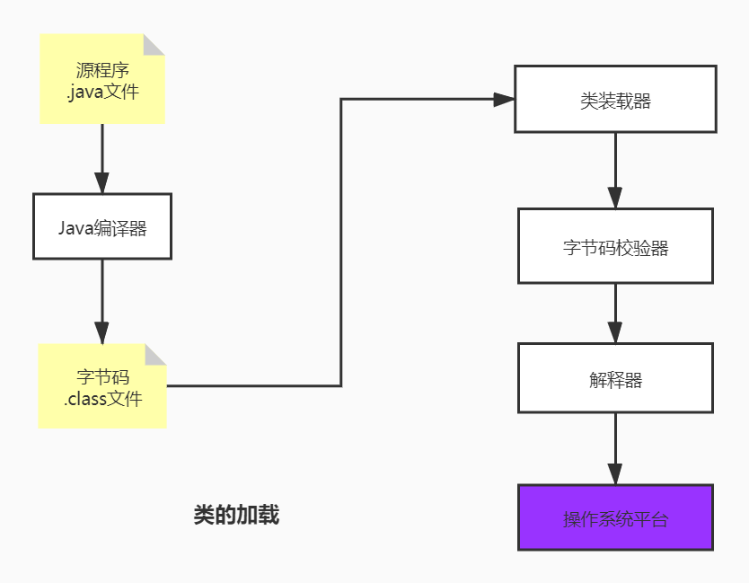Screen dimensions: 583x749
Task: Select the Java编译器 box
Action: tap(101, 226)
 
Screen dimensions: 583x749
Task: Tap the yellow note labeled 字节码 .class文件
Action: tap(101, 386)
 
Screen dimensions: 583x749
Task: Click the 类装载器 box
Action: tap(615, 100)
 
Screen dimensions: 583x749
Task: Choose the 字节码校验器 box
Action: tap(615, 246)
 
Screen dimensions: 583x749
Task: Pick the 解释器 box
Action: tap(615, 378)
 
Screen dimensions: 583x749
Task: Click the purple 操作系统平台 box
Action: tap(615, 517)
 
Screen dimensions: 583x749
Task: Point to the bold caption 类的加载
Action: tap(236, 515)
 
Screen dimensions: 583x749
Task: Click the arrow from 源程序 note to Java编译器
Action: tap(101, 157)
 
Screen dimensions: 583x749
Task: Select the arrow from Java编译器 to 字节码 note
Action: tap(101, 301)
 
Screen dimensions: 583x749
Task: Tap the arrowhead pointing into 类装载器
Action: tap(504, 99)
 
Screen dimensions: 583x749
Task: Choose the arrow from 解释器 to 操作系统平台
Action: tap(615, 449)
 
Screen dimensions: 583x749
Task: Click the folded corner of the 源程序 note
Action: tap(154, 44)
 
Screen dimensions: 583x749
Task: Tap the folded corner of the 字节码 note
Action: tap(156, 354)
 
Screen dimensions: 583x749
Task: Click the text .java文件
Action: tap(101, 91)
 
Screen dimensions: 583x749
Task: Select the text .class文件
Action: tap(102, 399)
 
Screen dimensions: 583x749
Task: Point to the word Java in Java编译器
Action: tap(75, 227)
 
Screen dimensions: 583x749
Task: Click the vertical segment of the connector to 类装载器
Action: tap(341, 243)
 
